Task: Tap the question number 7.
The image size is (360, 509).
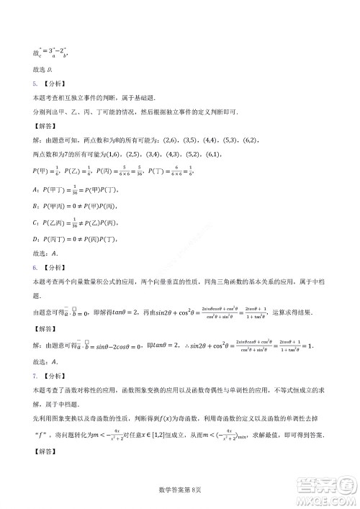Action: [35, 377]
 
